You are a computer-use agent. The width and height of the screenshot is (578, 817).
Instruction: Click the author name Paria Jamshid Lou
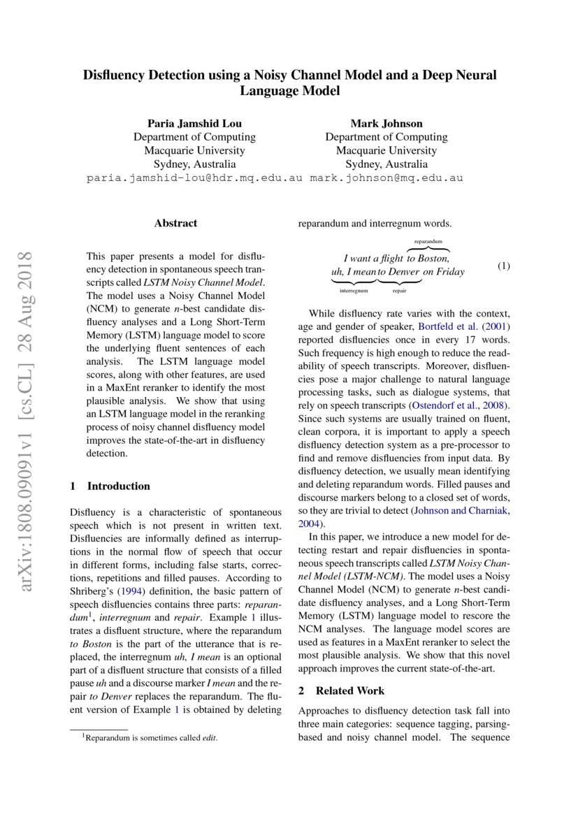tap(194, 124)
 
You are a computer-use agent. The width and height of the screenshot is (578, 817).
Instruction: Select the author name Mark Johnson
tap(386, 124)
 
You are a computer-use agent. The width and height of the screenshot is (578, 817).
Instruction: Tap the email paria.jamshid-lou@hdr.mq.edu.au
tap(194, 178)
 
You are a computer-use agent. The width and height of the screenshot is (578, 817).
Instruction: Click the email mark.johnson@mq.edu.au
tap(386, 178)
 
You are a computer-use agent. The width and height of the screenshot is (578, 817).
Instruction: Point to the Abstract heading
tap(175, 224)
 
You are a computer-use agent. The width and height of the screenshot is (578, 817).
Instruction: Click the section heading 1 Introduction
tap(110, 486)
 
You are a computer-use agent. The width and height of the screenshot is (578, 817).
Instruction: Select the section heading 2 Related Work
tap(341, 691)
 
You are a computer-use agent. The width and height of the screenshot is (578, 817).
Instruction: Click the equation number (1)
tap(504, 266)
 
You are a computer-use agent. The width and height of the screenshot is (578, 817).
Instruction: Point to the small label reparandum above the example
tap(428, 240)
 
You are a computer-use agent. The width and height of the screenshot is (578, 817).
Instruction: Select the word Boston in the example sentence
tap(433, 258)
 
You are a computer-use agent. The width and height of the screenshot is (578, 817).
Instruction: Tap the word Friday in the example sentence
tap(449, 272)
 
